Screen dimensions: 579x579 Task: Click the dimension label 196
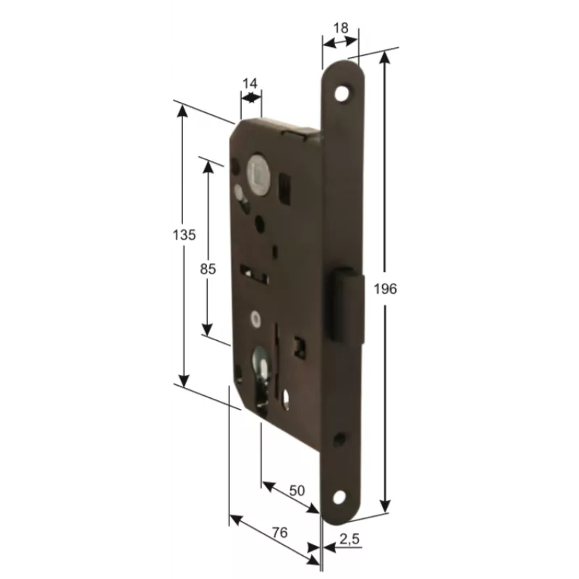click(x=385, y=288)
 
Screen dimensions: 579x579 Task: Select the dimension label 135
click(x=184, y=234)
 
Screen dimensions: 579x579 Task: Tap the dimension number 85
click(x=208, y=269)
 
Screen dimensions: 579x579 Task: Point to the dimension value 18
click(x=340, y=28)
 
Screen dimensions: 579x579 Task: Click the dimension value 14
click(x=250, y=84)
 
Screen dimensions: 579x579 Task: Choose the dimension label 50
click(x=297, y=491)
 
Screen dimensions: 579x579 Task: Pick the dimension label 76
click(x=279, y=532)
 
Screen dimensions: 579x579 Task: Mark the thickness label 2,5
click(x=350, y=539)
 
